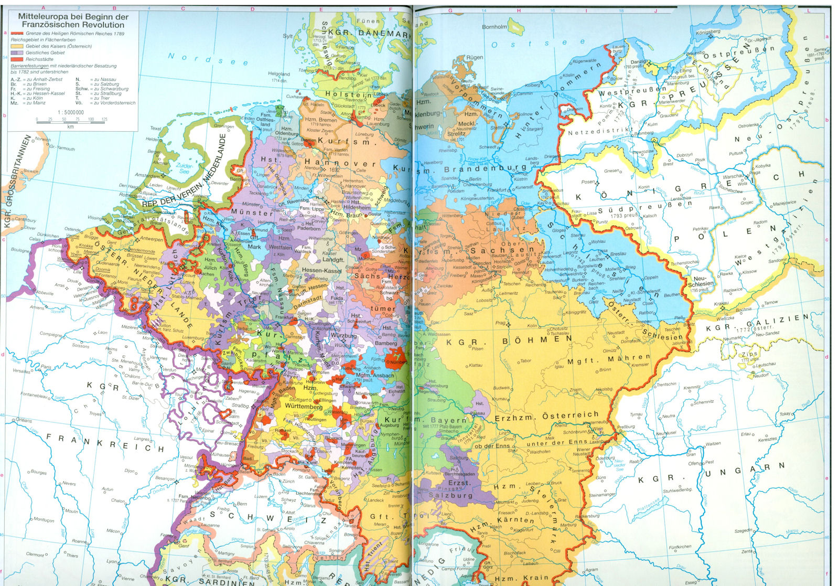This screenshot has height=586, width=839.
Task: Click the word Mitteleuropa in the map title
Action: (39, 17)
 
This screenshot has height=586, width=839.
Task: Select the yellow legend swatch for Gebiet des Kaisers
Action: (17, 46)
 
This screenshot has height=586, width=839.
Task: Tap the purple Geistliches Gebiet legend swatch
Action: (17, 53)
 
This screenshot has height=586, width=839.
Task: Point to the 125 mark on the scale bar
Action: (104, 120)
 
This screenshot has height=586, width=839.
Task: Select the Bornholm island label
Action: (494, 27)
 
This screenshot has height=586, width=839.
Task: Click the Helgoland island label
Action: (278, 74)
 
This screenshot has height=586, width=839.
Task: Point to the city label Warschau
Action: (733, 176)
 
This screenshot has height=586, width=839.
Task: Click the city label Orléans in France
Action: (24, 420)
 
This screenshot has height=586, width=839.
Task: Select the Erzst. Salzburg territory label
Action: (451, 488)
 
